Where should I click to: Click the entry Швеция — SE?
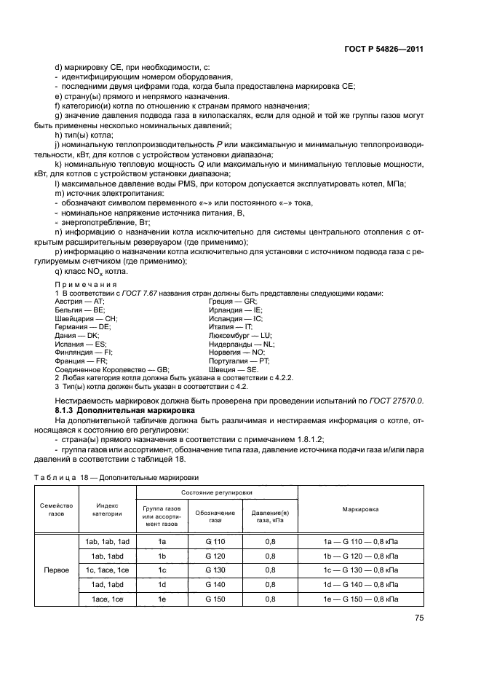pos(234,369)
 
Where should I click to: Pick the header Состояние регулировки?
pos(216,493)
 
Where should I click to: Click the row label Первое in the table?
pos(57,570)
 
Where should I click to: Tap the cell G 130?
pos(215,570)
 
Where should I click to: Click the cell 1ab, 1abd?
pos(107,555)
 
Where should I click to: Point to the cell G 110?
pos(215,540)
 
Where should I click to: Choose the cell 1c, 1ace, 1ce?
pos(107,570)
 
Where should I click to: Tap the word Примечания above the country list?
pos(86,283)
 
